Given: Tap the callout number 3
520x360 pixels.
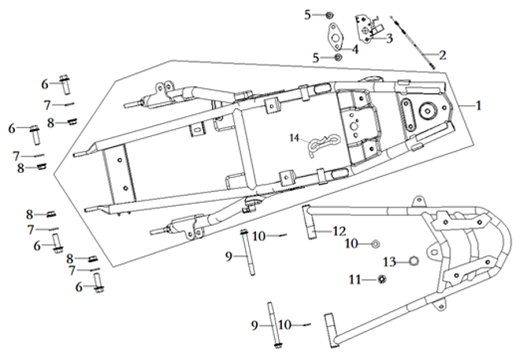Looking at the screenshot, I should (x=389, y=37).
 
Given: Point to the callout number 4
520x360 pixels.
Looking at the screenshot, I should (x=355, y=49).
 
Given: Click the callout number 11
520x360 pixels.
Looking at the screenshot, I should (x=354, y=278).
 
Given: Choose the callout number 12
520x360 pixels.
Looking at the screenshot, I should (x=339, y=231).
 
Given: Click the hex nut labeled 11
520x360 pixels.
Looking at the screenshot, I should (x=380, y=279).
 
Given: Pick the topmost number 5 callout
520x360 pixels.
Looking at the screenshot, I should (x=308, y=14).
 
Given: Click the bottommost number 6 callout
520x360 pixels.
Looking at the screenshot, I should (x=79, y=287).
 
